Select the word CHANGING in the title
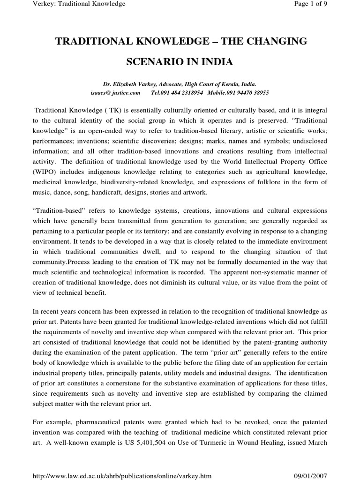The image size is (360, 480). [x=276, y=42]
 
